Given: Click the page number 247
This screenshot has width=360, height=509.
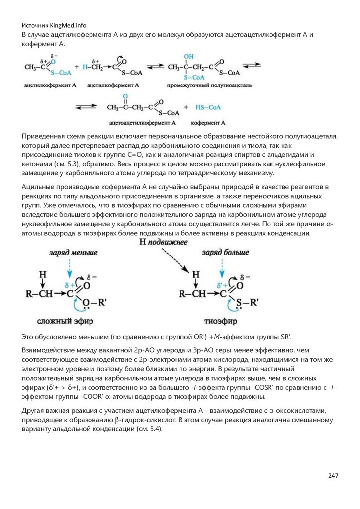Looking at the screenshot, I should point(333,476).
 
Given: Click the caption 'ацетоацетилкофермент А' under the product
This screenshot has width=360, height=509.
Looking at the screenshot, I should point(142,122).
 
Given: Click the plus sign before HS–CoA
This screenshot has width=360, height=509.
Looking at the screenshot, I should point(186,107).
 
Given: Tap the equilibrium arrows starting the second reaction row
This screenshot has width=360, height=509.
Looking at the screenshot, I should point(86,107).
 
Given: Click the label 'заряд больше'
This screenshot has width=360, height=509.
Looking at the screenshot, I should point(222,253).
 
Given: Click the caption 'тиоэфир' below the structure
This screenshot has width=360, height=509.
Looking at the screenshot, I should point(217,320).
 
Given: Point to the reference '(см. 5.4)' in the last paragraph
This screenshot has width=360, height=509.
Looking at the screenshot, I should point(149,429).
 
